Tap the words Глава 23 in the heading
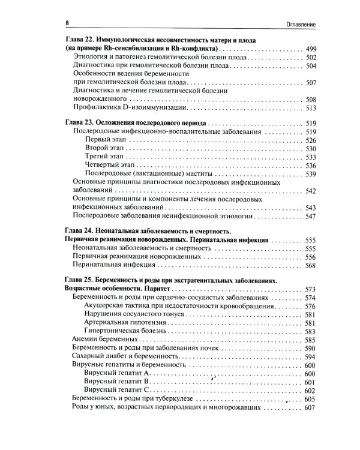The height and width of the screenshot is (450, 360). click(x=79, y=122)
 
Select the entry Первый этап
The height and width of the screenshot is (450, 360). click(x=106, y=140)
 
